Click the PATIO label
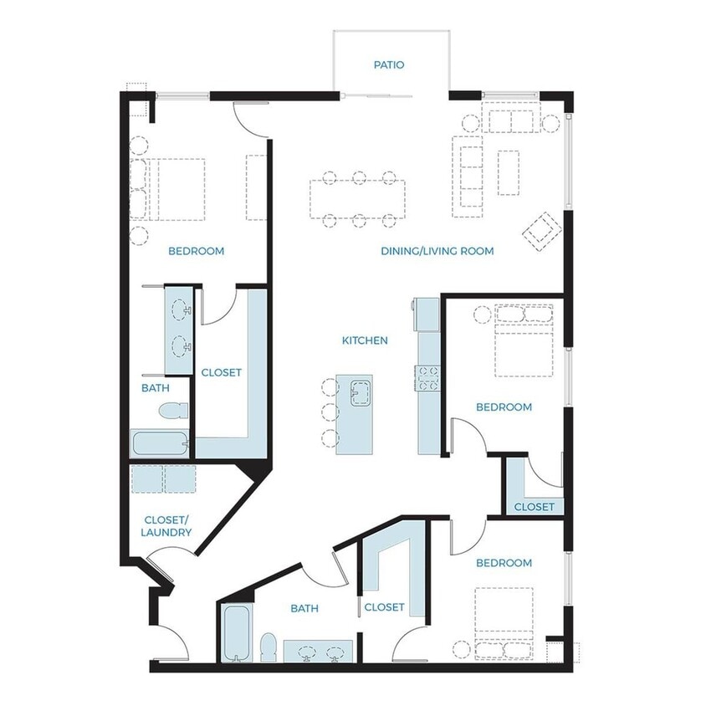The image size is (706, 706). (x=389, y=65)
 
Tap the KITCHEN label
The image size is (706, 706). (x=366, y=340)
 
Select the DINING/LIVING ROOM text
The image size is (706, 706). (x=437, y=251)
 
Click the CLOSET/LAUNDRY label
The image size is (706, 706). (x=166, y=526)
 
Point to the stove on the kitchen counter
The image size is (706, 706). (x=427, y=378)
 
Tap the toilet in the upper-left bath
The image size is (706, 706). (x=173, y=410)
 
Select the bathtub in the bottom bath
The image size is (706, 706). (x=236, y=633)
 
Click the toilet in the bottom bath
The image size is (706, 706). (x=269, y=647)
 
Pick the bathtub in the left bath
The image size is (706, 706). (x=160, y=443)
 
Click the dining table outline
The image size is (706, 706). (x=357, y=199)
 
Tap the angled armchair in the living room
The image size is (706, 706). (x=542, y=232)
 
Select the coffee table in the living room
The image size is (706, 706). (x=509, y=173)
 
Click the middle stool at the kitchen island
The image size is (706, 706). (x=330, y=412)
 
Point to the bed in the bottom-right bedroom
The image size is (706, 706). (x=504, y=624)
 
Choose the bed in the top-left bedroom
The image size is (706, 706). (x=167, y=189)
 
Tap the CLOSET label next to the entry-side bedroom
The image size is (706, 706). (x=384, y=607)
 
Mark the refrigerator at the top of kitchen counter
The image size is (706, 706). (x=427, y=315)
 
